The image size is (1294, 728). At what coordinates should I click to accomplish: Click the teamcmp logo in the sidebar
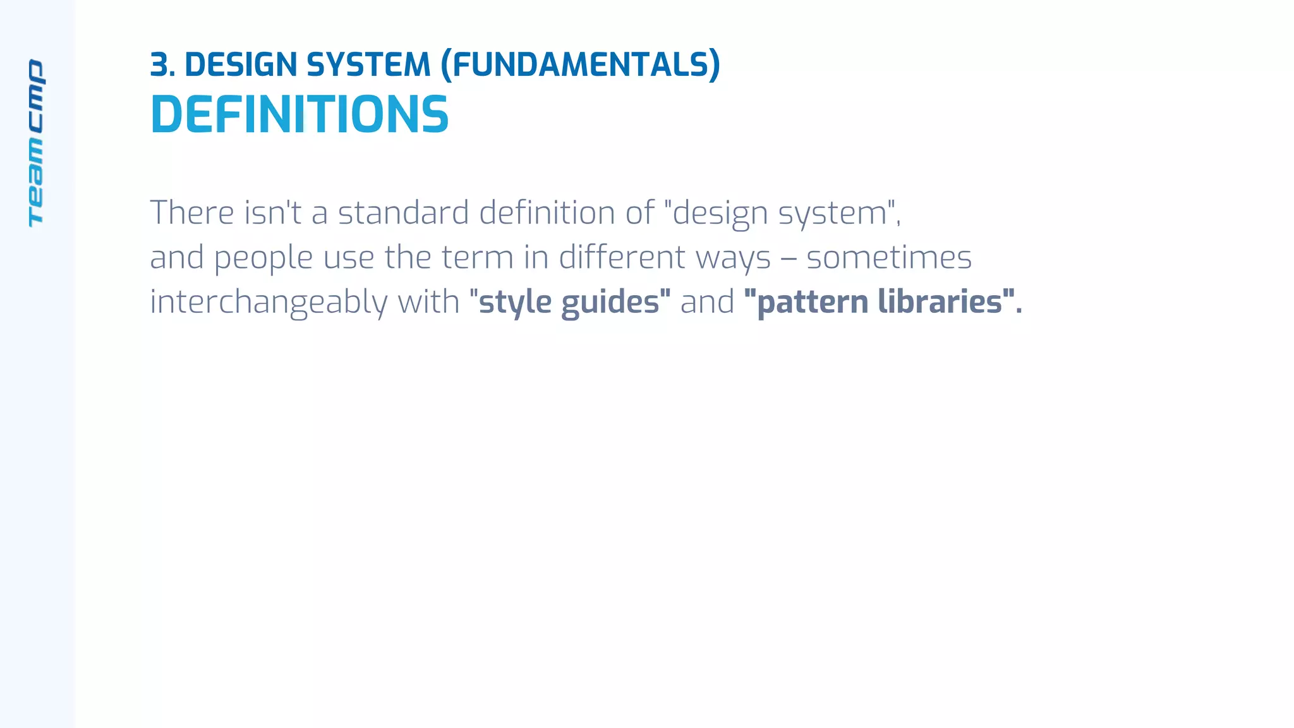click(x=36, y=143)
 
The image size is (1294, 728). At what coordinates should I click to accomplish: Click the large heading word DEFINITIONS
click(x=299, y=114)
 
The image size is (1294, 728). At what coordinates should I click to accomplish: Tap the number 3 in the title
click(x=159, y=65)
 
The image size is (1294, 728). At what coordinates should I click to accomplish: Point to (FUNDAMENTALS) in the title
click(x=580, y=65)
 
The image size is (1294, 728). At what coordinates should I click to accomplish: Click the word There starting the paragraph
click(x=191, y=212)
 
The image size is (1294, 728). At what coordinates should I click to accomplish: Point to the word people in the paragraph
click(x=263, y=258)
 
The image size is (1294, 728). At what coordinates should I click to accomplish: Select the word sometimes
click(x=888, y=257)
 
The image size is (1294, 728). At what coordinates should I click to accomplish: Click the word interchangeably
click(x=269, y=303)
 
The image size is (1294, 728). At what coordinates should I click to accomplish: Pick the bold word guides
click(x=610, y=303)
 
